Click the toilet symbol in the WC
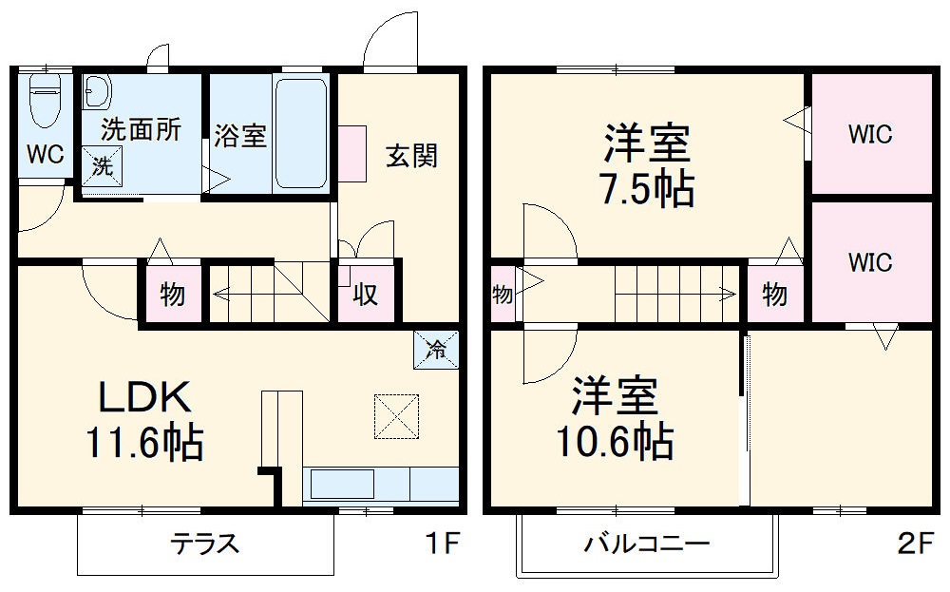(x=44, y=100)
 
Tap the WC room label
(x=45, y=154)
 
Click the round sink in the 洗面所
(x=97, y=91)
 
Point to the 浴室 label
(x=239, y=136)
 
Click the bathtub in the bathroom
(x=299, y=133)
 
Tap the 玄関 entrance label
(x=411, y=155)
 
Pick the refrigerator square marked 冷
(x=435, y=350)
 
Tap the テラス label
(x=203, y=544)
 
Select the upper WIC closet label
(x=869, y=134)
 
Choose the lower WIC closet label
(x=869, y=261)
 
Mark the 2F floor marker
(x=914, y=544)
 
